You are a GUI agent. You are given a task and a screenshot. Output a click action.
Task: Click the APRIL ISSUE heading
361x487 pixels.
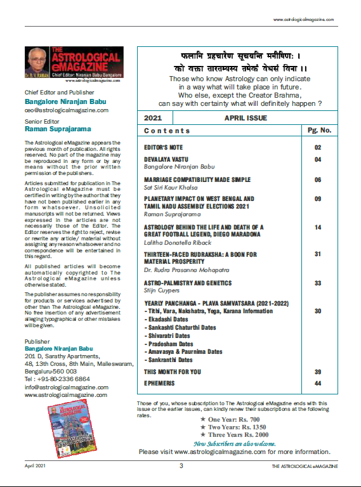pos(246,118)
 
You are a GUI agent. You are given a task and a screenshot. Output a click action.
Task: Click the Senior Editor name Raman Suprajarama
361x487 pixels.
pos(56,129)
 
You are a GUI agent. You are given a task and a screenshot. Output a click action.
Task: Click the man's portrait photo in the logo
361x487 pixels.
pos(37,63)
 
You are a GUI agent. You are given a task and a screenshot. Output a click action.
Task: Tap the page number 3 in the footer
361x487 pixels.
pos(181,465)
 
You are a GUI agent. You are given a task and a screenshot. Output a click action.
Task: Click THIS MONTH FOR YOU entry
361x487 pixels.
pos(172,372)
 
